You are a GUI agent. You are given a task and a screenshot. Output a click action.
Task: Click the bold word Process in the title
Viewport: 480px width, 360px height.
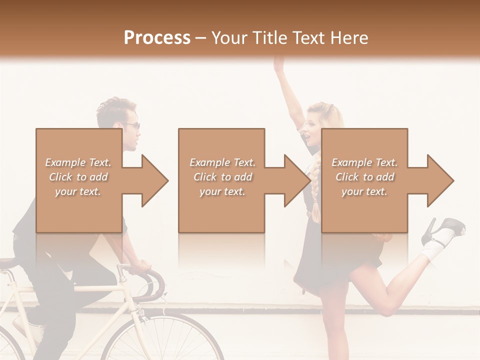click(x=157, y=37)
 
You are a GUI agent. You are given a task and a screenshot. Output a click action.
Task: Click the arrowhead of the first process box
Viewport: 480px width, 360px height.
click(x=155, y=180)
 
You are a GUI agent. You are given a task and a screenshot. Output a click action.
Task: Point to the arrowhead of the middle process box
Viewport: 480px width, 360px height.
click(x=297, y=180)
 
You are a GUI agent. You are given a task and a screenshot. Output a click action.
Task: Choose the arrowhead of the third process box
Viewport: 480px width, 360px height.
click(x=440, y=180)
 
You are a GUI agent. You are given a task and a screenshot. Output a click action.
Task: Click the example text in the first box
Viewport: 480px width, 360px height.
click(x=78, y=176)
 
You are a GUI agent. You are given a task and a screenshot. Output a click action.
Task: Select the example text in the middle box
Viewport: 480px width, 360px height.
click(x=222, y=176)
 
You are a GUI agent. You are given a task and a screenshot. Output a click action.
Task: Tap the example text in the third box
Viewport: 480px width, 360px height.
click(x=364, y=176)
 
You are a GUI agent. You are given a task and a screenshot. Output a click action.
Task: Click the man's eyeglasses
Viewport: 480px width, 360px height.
click(x=133, y=125)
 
